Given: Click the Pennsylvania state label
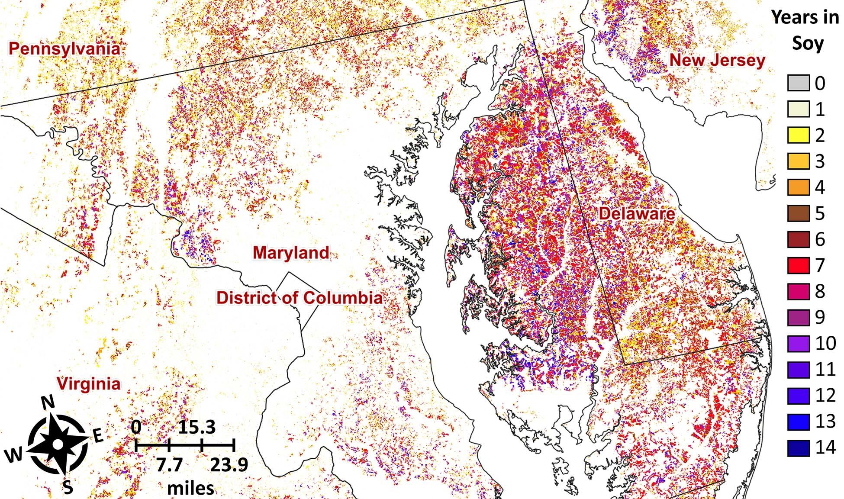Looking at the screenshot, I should pos(64,48).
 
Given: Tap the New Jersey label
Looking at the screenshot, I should pos(717,60).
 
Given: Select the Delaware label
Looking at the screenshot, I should pos(637,213).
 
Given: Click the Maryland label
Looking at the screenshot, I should pos(291,253).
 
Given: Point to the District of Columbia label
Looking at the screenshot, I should pos(300,298).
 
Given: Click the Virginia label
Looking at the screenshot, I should pos(89,384).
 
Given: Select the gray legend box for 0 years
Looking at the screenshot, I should pos(798,83).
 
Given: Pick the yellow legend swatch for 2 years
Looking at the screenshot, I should pos(798,135).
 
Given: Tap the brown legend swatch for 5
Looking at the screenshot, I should pos(798,213).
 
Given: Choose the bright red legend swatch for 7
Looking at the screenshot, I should pos(798,265).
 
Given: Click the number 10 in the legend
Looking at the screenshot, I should pos(825,343).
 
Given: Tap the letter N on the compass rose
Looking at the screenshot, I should pos(49,403).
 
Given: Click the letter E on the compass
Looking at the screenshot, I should pos(99,436).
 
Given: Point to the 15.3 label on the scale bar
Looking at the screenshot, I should pos(197,428).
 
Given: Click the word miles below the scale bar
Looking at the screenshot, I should pos(190,488).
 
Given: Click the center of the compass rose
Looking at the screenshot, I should pos(58,444).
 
